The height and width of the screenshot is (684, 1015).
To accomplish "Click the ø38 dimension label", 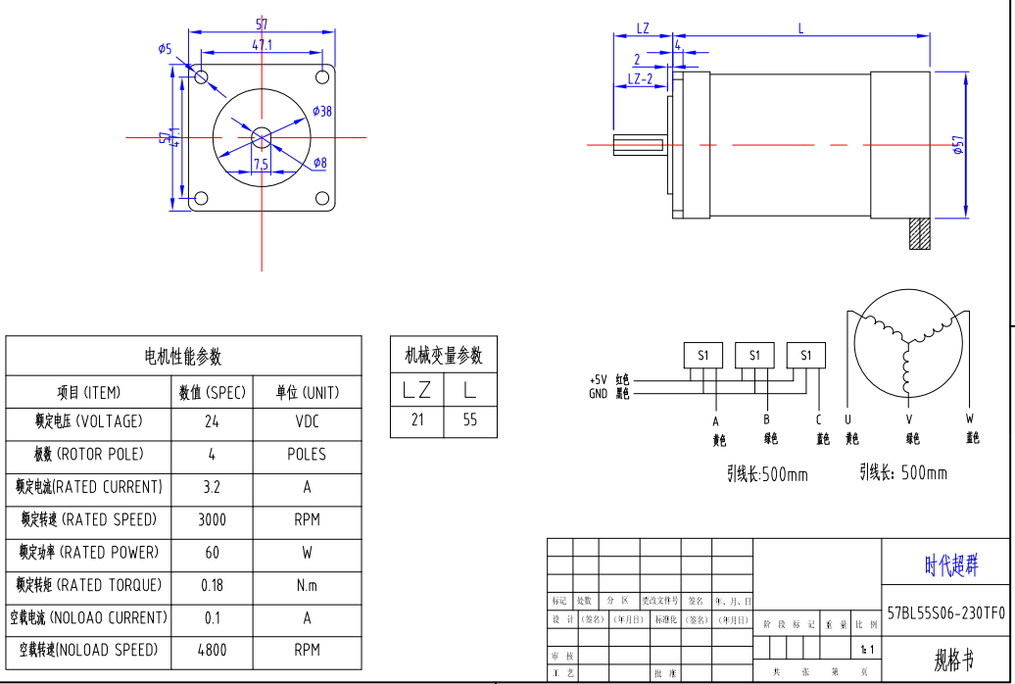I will (322, 112).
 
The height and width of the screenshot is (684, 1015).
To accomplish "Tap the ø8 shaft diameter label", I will (320, 163).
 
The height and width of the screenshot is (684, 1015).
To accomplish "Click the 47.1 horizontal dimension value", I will (263, 45).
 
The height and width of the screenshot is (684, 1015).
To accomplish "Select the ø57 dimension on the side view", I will (958, 145).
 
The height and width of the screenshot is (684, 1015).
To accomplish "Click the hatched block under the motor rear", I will (920, 234).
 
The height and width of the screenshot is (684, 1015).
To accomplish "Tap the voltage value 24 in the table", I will (212, 422).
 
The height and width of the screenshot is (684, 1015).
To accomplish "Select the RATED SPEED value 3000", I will (212, 520).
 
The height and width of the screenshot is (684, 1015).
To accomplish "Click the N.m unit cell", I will (307, 586).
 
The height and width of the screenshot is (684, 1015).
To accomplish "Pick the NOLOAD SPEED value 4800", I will (212, 650).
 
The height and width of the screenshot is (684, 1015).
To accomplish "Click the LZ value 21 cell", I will (417, 420).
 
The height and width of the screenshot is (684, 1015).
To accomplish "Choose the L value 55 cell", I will (470, 420).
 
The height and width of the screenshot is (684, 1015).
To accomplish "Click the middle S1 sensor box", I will (754, 356).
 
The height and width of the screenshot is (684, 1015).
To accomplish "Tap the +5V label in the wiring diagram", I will (598, 379).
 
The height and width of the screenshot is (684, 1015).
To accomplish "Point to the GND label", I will (598, 393).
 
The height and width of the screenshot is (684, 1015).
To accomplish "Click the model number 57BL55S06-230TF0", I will (945, 613).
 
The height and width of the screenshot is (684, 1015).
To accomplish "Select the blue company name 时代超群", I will (950, 565).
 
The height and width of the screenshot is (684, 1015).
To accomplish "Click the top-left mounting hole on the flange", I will (201, 76).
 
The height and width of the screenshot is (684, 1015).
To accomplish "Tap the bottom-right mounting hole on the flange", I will (322, 199).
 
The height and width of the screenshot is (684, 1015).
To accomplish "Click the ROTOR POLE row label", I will (88, 455).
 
